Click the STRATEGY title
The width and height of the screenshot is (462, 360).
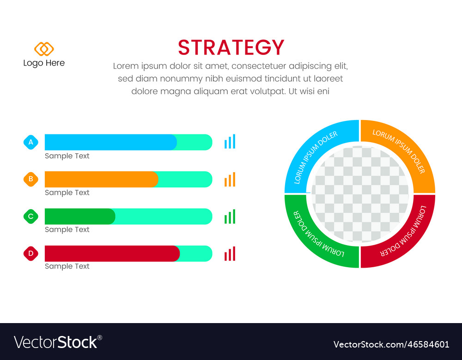[x=231, y=48]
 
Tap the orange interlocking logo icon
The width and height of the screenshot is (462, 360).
[x=44, y=49]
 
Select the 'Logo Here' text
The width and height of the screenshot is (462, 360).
[x=44, y=63]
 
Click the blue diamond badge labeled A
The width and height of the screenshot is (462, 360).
[x=31, y=142]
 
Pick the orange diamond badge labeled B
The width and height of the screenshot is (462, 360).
[x=31, y=179]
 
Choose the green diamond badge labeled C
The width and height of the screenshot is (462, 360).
[x=31, y=216]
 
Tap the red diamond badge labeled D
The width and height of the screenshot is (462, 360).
[x=31, y=253]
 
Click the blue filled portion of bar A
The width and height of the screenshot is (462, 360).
[x=110, y=142]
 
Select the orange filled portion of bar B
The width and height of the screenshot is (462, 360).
[x=101, y=179]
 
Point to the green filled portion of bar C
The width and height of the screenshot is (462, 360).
[x=79, y=216]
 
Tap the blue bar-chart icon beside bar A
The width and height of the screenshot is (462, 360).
[x=230, y=142]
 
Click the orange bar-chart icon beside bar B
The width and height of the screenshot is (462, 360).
[x=230, y=179]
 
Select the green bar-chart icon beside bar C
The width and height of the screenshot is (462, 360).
[x=230, y=216]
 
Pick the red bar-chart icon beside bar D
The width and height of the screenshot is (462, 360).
[x=230, y=253]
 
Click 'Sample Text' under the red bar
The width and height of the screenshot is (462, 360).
[x=67, y=266]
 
